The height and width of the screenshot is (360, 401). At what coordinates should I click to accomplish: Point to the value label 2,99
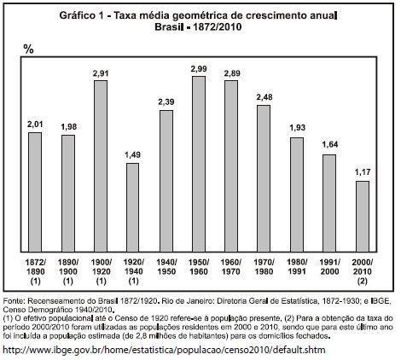tap(198, 68)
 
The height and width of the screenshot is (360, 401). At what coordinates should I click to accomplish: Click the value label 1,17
tap(361, 172)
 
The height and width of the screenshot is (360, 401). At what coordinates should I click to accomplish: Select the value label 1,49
tap(133, 154)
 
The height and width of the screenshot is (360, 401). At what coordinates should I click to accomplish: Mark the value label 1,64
tap(328, 146)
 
